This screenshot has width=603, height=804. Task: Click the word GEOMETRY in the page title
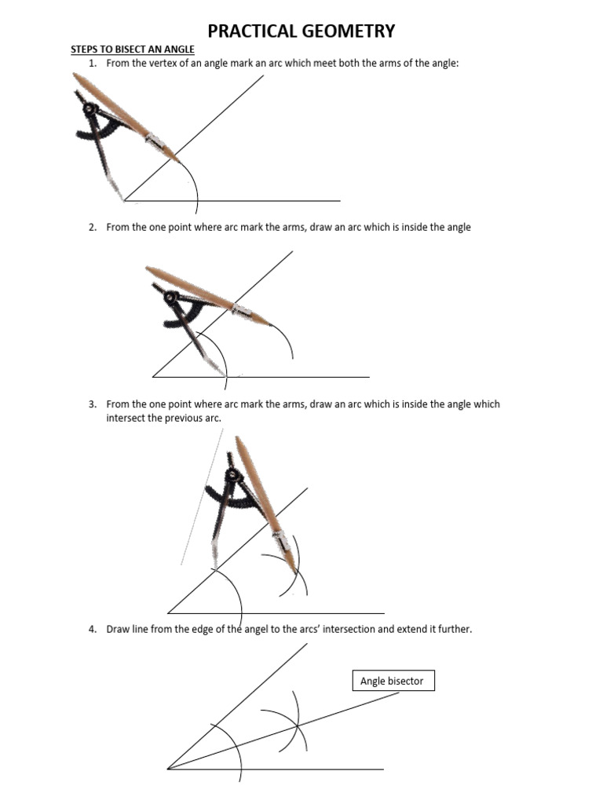coord(345,31)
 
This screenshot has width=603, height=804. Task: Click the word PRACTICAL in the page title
coord(250,31)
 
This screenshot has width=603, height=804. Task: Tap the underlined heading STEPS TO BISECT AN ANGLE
coord(133,49)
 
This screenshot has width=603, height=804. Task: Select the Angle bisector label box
coord(393,681)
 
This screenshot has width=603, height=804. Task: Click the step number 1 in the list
coord(92,63)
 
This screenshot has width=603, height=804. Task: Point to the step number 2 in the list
coord(92,227)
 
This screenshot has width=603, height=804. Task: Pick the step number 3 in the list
coord(92,404)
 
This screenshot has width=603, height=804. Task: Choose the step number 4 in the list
coord(92,629)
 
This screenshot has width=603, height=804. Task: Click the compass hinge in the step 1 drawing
coord(90,109)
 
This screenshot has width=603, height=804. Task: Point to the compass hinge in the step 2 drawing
coord(170,296)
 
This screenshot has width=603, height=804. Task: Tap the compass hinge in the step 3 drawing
coord(232,474)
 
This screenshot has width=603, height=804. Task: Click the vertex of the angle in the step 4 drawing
coord(168,769)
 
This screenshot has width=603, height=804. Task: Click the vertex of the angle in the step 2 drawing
coord(152,377)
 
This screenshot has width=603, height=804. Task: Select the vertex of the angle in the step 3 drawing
coord(168,612)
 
